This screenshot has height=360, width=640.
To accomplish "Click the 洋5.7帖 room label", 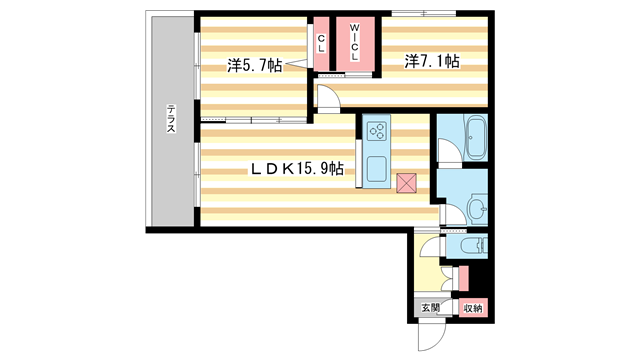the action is click(255, 65).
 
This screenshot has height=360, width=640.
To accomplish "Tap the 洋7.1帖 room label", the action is click(432, 61).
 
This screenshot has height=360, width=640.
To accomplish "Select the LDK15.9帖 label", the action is click(296, 168).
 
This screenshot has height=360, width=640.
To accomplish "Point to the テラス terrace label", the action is click(171, 119).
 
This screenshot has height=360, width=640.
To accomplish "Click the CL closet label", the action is click(322, 44).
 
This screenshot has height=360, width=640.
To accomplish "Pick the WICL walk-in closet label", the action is click(355, 42).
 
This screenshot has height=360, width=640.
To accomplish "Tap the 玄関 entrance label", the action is click(431, 307).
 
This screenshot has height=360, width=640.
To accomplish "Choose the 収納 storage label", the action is click(473, 308).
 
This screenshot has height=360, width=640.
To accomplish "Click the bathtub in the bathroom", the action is click(476, 137).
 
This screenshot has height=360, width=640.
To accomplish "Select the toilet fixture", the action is click(474, 246).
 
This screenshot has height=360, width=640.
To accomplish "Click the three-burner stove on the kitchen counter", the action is click(376, 131).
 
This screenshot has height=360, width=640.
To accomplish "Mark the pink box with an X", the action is click(407, 183).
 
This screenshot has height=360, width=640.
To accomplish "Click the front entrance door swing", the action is click(432, 337).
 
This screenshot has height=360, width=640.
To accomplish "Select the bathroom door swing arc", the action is click(450, 150).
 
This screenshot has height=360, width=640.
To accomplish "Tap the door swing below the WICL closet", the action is click(329, 97).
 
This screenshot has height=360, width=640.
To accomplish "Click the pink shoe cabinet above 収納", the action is click(463, 278).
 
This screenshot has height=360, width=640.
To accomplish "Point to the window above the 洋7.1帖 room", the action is click(424, 13).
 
